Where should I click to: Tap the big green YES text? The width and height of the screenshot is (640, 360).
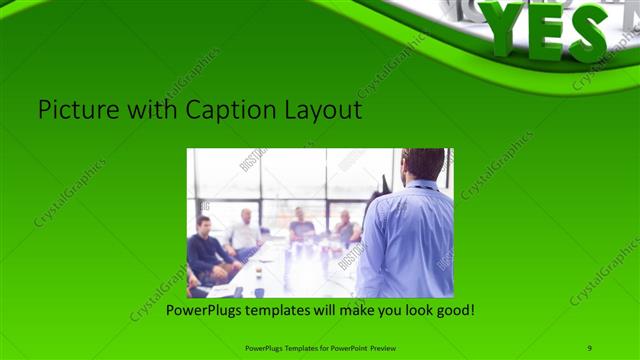pos(545,30)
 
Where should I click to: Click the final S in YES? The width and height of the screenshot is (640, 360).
pos(589,33)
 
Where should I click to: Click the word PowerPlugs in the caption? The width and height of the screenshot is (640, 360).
pos(205,311)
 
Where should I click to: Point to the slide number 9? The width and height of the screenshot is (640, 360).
pos(590,347)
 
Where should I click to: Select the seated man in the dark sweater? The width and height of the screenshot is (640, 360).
pos(208,250)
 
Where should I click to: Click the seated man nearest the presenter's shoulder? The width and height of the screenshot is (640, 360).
pos(346,229)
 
